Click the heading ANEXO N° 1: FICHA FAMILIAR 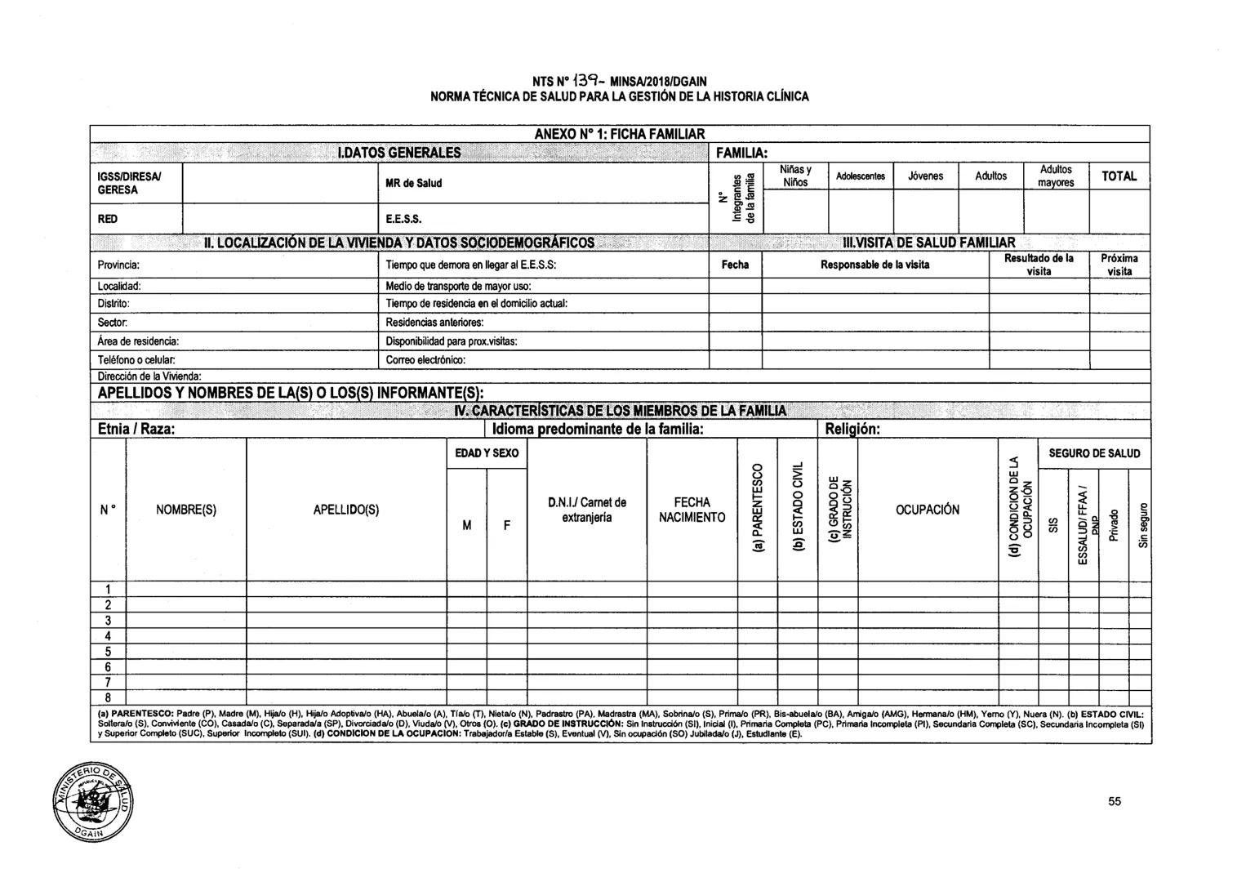point(619,133)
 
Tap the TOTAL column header point(1119,176)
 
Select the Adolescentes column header point(860,176)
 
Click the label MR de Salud point(413,183)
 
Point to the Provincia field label point(119,265)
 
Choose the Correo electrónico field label point(425,359)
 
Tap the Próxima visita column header point(1119,265)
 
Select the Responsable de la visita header point(874,265)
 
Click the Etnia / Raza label point(136,429)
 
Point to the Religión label point(852,429)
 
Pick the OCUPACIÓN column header point(927,510)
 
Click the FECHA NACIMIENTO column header point(692,510)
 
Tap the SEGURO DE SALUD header point(1094,453)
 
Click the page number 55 point(1115,801)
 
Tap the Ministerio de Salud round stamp point(91,803)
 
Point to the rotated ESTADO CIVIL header point(799,510)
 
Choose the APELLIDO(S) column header point(346,510)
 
